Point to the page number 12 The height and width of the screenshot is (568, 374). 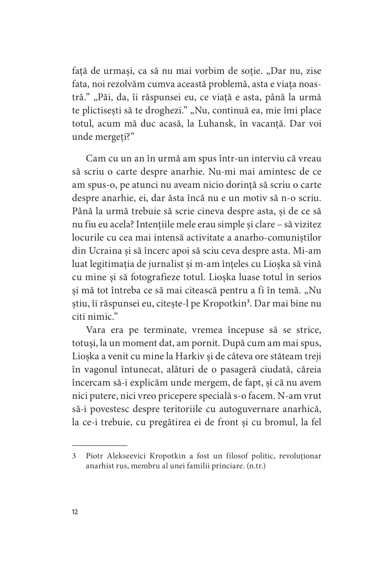coord(75,512)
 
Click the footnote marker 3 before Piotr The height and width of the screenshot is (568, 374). coord(74,457)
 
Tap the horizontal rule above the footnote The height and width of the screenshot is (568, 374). coord(100,445)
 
